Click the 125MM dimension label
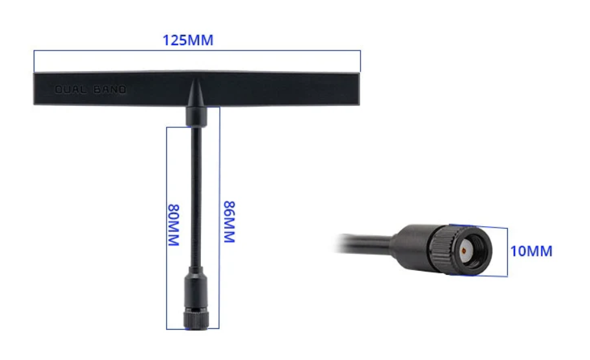click(187, 40)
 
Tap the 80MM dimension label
click(173, 225)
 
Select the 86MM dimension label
click(228, 222)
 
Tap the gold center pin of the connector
click(465, 249)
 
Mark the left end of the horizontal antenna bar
click(37, 89)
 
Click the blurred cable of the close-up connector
click(362, 245)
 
